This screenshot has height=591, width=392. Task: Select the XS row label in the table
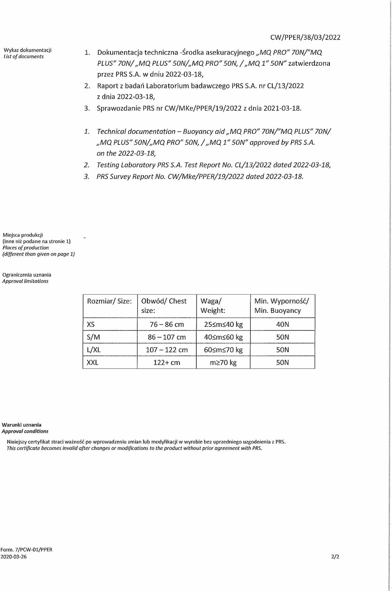[91, 324]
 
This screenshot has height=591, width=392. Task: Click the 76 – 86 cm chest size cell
[166, 324]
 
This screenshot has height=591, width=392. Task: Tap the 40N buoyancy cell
[282, 324]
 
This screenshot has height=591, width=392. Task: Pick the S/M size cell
[92, 337]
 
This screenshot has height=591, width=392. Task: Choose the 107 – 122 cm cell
[166, 349]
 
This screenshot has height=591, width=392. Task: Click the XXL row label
[92, 362]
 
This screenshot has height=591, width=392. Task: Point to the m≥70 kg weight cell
[223, 362]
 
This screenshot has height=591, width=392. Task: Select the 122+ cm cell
[166, 362]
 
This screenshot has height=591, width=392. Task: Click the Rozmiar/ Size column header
[109, 301]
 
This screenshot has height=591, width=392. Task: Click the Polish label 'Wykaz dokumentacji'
[27, 50]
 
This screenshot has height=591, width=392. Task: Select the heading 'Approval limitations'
[25, 281]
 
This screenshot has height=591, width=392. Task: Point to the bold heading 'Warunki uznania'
[22, 425]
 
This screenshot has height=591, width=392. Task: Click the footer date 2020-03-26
[14, 556]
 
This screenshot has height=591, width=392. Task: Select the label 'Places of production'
[26, 248]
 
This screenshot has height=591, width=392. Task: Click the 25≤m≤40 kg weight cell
[223, 324]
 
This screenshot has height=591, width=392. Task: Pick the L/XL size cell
[93, 349]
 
